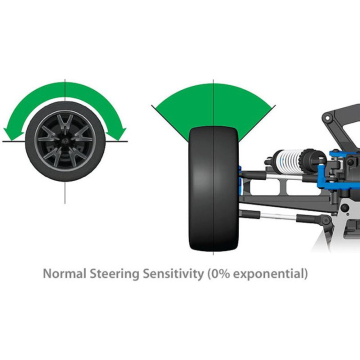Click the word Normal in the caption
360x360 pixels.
[x=64, y=273]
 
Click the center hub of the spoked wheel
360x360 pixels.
[x=65, y=140]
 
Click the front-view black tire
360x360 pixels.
[x=213, y=188]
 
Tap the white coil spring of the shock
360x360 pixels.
[x=289, y=159]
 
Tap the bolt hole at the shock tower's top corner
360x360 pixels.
[x=327, y=118]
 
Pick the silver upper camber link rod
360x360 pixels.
[x=284, y=177]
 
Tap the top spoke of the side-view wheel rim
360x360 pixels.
[x=65, y=123]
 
